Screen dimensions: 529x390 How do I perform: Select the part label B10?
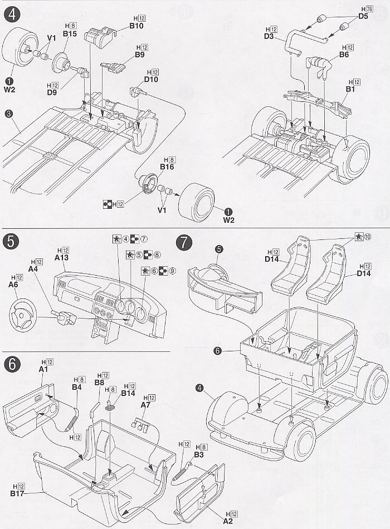click(x=136, y=26)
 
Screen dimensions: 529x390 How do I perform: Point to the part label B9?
click(x=139, y=55)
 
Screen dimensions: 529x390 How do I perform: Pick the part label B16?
click(x=167, y=166)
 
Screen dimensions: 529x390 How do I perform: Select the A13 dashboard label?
click(x=62, y=258)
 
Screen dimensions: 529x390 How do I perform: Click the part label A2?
click(x=228, y=521)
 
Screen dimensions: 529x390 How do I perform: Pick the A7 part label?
click(x=146, y=405)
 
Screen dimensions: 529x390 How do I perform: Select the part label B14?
click(x=128, y=393)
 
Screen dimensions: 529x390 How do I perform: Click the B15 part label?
click(x=70, y=34)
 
